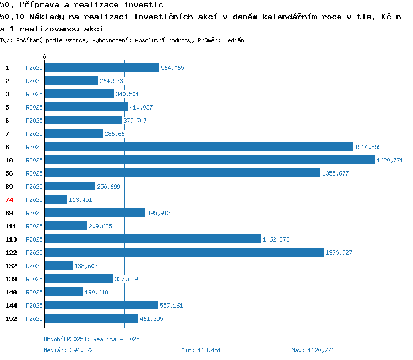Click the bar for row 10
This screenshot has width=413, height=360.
pos(210,160)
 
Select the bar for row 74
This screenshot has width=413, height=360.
pos(56,199)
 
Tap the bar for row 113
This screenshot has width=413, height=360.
pos(153,239)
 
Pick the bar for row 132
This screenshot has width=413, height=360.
pos(59,265)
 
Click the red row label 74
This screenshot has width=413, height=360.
pos(9,200)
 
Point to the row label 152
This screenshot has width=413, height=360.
pos(11,319)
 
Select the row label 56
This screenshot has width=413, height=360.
pos(9,173)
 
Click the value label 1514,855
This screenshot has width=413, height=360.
pos(368,147)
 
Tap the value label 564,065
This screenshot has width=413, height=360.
pos(172,68)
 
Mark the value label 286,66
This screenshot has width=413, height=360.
pos(115,134)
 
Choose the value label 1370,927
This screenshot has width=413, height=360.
pos(339,253)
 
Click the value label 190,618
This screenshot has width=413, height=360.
pos(96,292)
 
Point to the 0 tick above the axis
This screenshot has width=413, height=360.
pos(44,57)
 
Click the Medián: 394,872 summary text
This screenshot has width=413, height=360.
pos(68,350)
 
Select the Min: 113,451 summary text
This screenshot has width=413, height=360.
pos(201,350)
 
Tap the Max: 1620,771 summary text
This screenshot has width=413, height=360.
pos(313,350)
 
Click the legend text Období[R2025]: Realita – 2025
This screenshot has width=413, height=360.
pos(91,339)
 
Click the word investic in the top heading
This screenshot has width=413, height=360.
pos(144,5)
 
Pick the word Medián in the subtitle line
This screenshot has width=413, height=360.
pos(234,40)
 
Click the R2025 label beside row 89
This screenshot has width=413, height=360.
pos(34,213)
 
